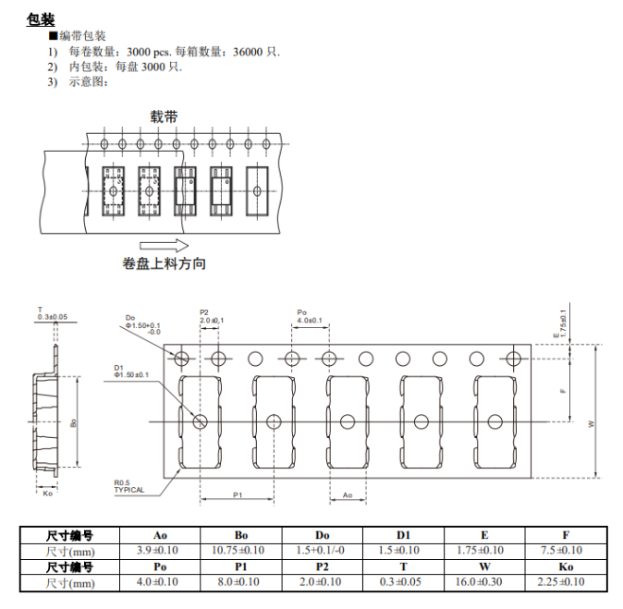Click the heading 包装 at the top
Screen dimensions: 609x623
[x=41, y=18]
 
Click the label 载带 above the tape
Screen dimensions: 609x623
[x=165, y=116]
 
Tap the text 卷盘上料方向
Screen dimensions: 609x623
[x=165, y=263]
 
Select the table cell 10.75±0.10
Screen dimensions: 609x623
[x=241, y=551]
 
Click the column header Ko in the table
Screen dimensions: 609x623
[x=566, y=566]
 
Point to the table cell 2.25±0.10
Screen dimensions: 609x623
[x=566, y=582]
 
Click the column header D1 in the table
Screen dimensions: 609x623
[x=404, y=535]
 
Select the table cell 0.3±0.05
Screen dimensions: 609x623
[x=404, y=582]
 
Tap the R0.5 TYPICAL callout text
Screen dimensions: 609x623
[x=129, y=486]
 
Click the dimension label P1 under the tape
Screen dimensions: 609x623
[x=237, y=495]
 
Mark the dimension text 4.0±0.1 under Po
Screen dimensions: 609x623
[x=310, y=321]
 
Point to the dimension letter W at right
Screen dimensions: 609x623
[x=591, y=422]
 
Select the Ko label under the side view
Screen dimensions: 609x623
[x=48, y=493]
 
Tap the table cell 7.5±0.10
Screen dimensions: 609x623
[x=566, y=551]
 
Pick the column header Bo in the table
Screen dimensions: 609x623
[x=241, y=535]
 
